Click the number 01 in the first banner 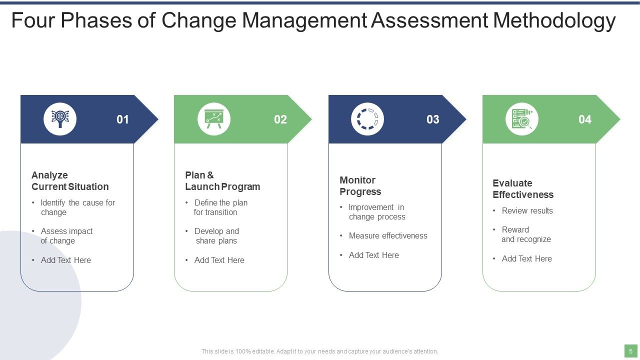[122, 119]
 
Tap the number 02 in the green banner [280, 119]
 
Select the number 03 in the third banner [433, 119]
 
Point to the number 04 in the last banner [585, 119]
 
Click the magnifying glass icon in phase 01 [60, 119]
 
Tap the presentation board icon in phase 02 [214, 119]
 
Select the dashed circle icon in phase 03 [367, 119]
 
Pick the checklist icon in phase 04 [522, 119]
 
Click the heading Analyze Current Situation [70, 181]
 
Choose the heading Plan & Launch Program [222, 181]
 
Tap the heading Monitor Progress [360, 186]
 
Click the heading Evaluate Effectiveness [523, 189]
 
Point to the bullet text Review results [527, 211]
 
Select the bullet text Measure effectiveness [388, 236]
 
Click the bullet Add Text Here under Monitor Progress [373, 255]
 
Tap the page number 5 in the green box [630, 351]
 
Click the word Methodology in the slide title [554, 21]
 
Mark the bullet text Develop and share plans [216, 236]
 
